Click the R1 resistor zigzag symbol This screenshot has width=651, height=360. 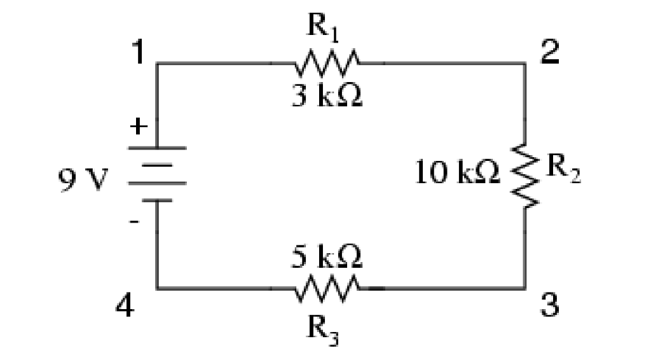pyautogui.click(x=327, y=64)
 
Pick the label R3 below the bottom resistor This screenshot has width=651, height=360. pyautogui.click(x=324, y=328)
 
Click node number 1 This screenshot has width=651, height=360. pyautogui.click(x=135, y=54)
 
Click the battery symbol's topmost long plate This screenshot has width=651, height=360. pyautogui.click(x=158, y=148)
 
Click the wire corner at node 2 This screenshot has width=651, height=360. pyautogui.click(x=525, y=64)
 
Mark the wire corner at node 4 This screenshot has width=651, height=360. pyautogui.click(x=158, y=288)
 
